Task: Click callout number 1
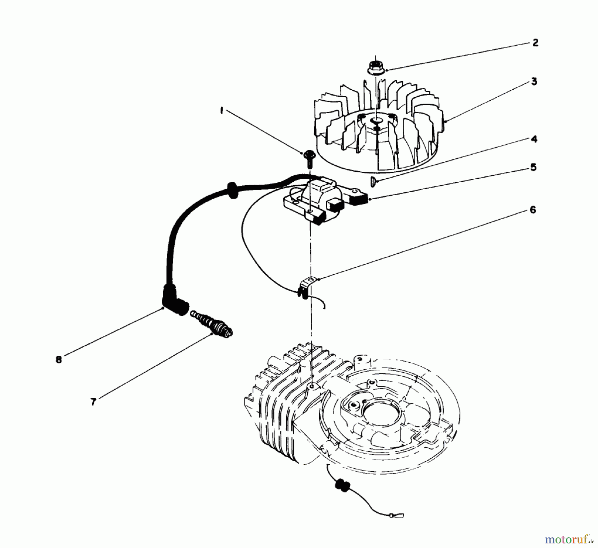click(221, 111)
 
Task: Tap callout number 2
click(535, 43)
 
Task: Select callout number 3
click(534, 81)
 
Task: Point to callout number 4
click(534, 139)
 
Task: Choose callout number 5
click(533, 167)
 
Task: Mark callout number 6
click(533, 210)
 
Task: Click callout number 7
click(93, 402)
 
